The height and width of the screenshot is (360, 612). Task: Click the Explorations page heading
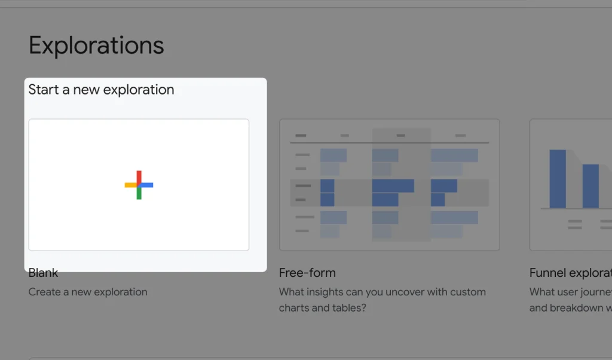click(96, 46)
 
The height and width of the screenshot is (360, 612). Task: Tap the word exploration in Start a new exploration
click(139, 90)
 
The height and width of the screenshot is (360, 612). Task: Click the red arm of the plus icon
click(139, 177)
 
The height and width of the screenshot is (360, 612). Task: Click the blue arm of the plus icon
click(147, 185)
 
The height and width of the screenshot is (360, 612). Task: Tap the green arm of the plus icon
click(139, 193)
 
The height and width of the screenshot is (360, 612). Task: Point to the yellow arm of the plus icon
click(130, 185)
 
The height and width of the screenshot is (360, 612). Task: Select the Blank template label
click(43, 273)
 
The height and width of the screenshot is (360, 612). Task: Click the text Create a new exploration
click(88, 292)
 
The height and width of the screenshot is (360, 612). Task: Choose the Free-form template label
click(307, 273)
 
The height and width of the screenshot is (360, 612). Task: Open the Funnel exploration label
click(570, 273)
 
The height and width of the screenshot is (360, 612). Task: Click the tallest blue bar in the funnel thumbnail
click(557, 179)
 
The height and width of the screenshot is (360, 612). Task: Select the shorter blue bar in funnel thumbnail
click(590, 186)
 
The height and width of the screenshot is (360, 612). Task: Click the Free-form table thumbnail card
click(389, 184)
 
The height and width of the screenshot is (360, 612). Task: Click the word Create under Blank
click(45, 292)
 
